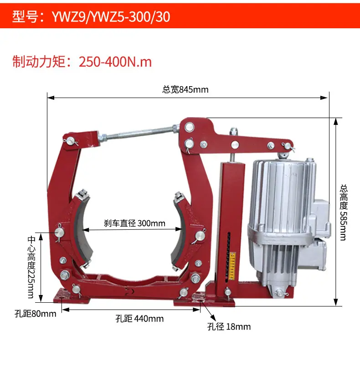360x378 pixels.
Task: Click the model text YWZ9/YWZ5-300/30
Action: pos(111,16)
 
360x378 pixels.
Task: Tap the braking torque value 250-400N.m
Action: pos(115,62)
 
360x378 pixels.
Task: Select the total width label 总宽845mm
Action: pos(185,89)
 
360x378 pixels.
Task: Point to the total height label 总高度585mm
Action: pos(344,212)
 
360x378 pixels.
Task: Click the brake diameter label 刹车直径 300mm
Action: pos(134,223)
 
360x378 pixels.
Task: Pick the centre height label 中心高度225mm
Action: pos(31,267)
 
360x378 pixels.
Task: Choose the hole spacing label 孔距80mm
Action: pos(36,314)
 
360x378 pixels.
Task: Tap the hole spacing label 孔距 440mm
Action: pos(139,319)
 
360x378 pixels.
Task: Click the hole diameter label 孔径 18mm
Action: pos(229,326)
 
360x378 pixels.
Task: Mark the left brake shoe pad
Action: pos(82,232)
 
